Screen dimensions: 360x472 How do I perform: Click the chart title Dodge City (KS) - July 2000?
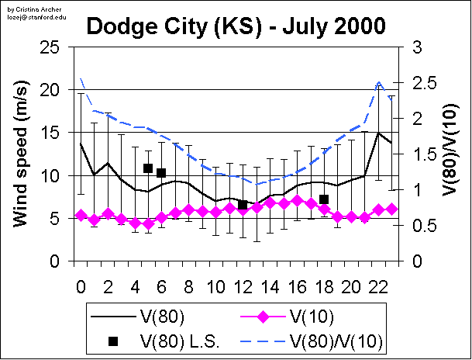point(236,26)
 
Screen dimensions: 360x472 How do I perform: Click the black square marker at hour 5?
point(148,168)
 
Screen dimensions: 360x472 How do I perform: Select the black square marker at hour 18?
point(324,199)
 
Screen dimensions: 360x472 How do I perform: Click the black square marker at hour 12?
point(243,205)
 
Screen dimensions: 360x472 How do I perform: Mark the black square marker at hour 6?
point(161,173)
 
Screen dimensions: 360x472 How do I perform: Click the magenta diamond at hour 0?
point(81,215)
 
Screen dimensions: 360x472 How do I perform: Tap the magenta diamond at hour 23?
point(391,209)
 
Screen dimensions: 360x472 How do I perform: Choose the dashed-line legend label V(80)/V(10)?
point(336,340)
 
